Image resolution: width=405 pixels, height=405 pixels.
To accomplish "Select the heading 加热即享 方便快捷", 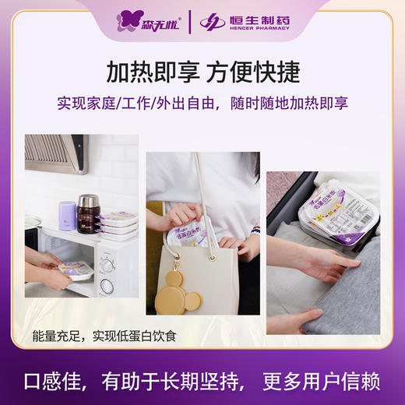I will coord(202,72).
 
